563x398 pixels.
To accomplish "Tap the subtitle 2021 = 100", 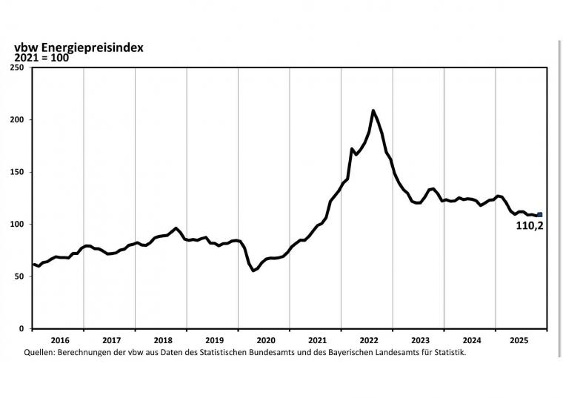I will point(41,57).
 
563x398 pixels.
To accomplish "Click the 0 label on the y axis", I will point(22,328).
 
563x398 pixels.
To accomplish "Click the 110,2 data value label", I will point(530,226).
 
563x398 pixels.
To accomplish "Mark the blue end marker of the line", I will point(540,215).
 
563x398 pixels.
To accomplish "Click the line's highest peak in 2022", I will point(373,110).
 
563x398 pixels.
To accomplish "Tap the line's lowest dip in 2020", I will point(253,271).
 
